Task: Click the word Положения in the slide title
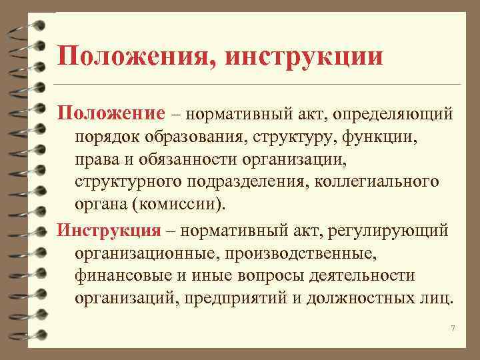[135, 55]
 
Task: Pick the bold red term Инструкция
[109, 230]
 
